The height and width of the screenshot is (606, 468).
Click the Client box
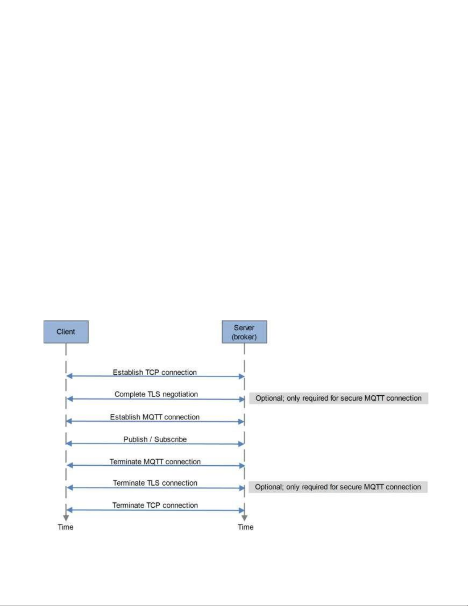coord(66,331)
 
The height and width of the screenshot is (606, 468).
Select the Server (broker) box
coord(244,331)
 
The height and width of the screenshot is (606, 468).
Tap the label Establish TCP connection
coord(155,372)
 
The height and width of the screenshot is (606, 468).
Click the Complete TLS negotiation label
coord(156,394)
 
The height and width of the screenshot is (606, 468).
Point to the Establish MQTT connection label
coord(155,417)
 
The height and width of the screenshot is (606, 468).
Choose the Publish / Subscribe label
coord(155,439)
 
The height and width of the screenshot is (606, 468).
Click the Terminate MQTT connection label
coord(155,461)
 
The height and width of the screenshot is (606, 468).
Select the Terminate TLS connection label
coord(155,483)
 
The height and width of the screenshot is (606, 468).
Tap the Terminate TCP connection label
coord(155,505)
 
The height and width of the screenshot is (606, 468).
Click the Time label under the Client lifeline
coord(65,527)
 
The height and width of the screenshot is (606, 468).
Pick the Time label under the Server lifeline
coord(245,527)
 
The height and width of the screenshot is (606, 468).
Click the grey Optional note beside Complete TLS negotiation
coord(338,398)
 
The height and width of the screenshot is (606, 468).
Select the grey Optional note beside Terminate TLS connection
coord(338,487)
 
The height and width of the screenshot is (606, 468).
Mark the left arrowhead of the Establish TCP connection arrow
coord(70,376)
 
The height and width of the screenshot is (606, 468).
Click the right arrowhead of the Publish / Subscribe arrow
coord(241,444)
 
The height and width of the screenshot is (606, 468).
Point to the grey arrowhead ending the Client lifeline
coord(66,518)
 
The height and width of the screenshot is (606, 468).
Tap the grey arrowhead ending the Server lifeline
coord(244,518)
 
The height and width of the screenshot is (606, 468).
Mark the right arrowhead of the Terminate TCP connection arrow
coord(241,510)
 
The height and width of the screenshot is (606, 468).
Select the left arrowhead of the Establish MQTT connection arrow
coord(70,421)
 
